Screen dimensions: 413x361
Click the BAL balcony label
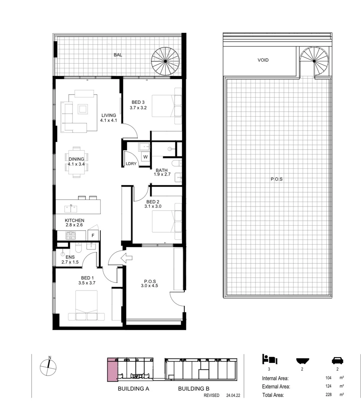tap(118, 55)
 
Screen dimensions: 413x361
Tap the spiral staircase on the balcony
tap(165, 61)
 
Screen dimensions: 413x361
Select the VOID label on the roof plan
tap(263, 60)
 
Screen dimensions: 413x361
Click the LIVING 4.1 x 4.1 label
tap(109, 118)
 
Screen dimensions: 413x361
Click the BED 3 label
tap(138, 105)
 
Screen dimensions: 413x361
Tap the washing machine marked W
tap(145, 156)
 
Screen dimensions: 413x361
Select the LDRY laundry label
tap(131, 164)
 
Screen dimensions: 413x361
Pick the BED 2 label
tap(152, 204)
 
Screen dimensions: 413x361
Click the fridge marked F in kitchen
tap(93, 236)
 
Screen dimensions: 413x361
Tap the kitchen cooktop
tap(71, 236)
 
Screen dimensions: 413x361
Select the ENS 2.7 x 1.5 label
tap(70, 260)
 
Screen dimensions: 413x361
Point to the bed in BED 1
tap(86, 305)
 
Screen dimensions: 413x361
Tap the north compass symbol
tap(49, 367)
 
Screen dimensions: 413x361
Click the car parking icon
tap(337, 360)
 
